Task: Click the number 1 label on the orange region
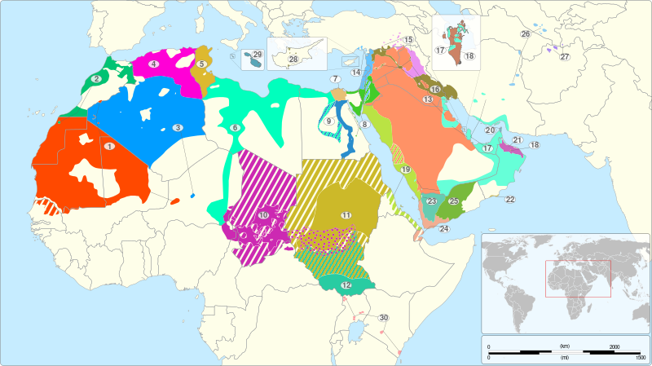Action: [108, 146]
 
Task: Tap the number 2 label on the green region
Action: [96, 78]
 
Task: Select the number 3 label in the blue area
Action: [177, 127]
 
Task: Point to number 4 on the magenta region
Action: [153, 64]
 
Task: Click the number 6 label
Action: [235, 128]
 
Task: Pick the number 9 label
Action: [329, 121]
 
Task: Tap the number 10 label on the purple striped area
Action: [263, 215]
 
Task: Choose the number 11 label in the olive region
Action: [346, 214]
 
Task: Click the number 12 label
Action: [346, 285]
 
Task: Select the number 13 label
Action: [427, 99]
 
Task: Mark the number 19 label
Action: [405, 169]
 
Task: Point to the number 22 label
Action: [510, 200]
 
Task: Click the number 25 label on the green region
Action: [454, 201]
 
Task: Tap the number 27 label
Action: [564, 56]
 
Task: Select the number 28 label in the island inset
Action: [293, 59]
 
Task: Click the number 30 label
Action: [383, 317]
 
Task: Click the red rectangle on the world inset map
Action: [577, 279]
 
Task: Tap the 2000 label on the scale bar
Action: [614, 346]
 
